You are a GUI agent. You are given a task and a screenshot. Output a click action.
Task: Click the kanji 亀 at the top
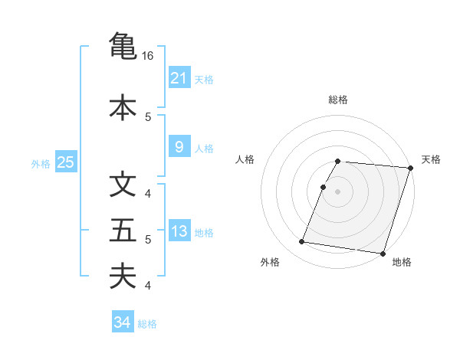(x=123, y=45)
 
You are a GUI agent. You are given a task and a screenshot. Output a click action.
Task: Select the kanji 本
(x=123, y=106)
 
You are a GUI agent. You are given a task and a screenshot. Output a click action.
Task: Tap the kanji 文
(x=123, y=185)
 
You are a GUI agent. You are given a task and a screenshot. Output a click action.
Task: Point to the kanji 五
(x=123, y=231)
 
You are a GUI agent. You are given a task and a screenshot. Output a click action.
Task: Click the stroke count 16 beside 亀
(x=148, y=56)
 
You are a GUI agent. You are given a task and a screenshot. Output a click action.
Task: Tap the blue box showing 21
(x=179, y=78)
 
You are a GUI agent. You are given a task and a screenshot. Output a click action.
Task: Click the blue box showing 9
(x=179, y=147)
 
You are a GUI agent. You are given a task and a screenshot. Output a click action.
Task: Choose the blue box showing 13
(x=179, y=231)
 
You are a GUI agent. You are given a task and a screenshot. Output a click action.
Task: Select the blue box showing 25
(x=65, y=162)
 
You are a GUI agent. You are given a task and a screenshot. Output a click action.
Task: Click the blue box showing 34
(x=122, y=322)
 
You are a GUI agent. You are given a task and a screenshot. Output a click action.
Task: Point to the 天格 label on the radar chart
(x=431, y=159)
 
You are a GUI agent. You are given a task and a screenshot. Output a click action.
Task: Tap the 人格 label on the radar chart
(x=245, y=159)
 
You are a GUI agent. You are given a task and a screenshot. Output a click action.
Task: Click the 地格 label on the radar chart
(x=402, y=262)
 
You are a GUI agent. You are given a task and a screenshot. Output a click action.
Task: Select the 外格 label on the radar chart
(x=270, y=262)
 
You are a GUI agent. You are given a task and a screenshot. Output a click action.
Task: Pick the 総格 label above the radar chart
(x=338, y=100)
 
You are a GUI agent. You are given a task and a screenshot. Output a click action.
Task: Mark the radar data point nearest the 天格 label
(x=411, y=168)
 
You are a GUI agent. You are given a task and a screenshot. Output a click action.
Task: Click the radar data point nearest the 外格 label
(x=302, y=242)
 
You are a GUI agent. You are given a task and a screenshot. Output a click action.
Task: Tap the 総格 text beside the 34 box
(x=148, y=324)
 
